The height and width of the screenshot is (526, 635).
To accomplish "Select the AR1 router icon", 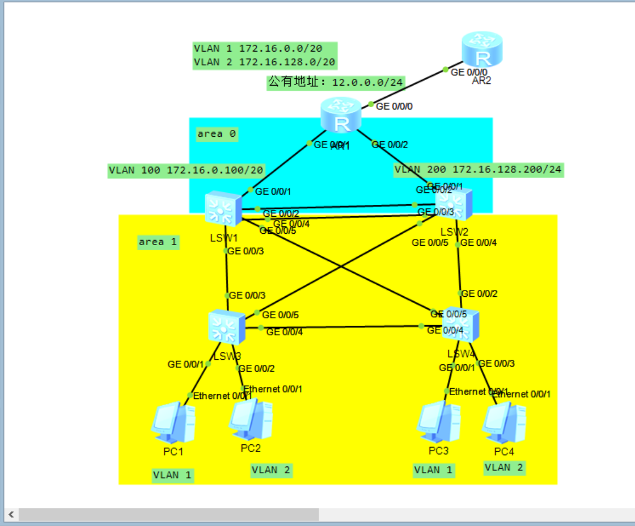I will (x=340, y=115).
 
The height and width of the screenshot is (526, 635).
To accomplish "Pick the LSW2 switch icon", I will (x=454, y=205).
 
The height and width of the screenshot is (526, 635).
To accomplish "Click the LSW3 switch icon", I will (x=226, y=326).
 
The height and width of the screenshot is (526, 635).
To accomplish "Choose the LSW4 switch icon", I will (x=461, y=324).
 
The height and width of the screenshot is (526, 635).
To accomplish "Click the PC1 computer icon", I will (x=173, y=423).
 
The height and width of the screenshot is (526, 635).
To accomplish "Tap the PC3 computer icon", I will (x=438, y=422).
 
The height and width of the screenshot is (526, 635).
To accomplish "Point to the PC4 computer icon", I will (x=504, y=423).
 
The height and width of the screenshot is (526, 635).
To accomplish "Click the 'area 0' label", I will (x=216, y=134).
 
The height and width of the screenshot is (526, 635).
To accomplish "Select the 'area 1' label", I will (x=158, y=242).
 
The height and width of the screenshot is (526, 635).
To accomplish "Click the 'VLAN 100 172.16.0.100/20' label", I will (x=187, y=170).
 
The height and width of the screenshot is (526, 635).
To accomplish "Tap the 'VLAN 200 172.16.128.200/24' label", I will (x=479, y=170).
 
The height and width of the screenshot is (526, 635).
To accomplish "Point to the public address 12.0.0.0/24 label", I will (x=336, y=83).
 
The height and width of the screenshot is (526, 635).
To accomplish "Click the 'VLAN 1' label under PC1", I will (x=173, y=475).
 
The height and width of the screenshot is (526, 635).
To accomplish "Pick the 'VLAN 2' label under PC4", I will (x=504, y=468).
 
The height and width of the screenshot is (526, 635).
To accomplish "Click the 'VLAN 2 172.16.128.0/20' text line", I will (x=265, y=62).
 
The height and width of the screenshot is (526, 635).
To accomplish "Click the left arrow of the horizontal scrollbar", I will (x=11, y=515).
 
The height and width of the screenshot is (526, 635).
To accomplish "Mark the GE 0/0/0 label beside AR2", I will (x=468, y=72).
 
